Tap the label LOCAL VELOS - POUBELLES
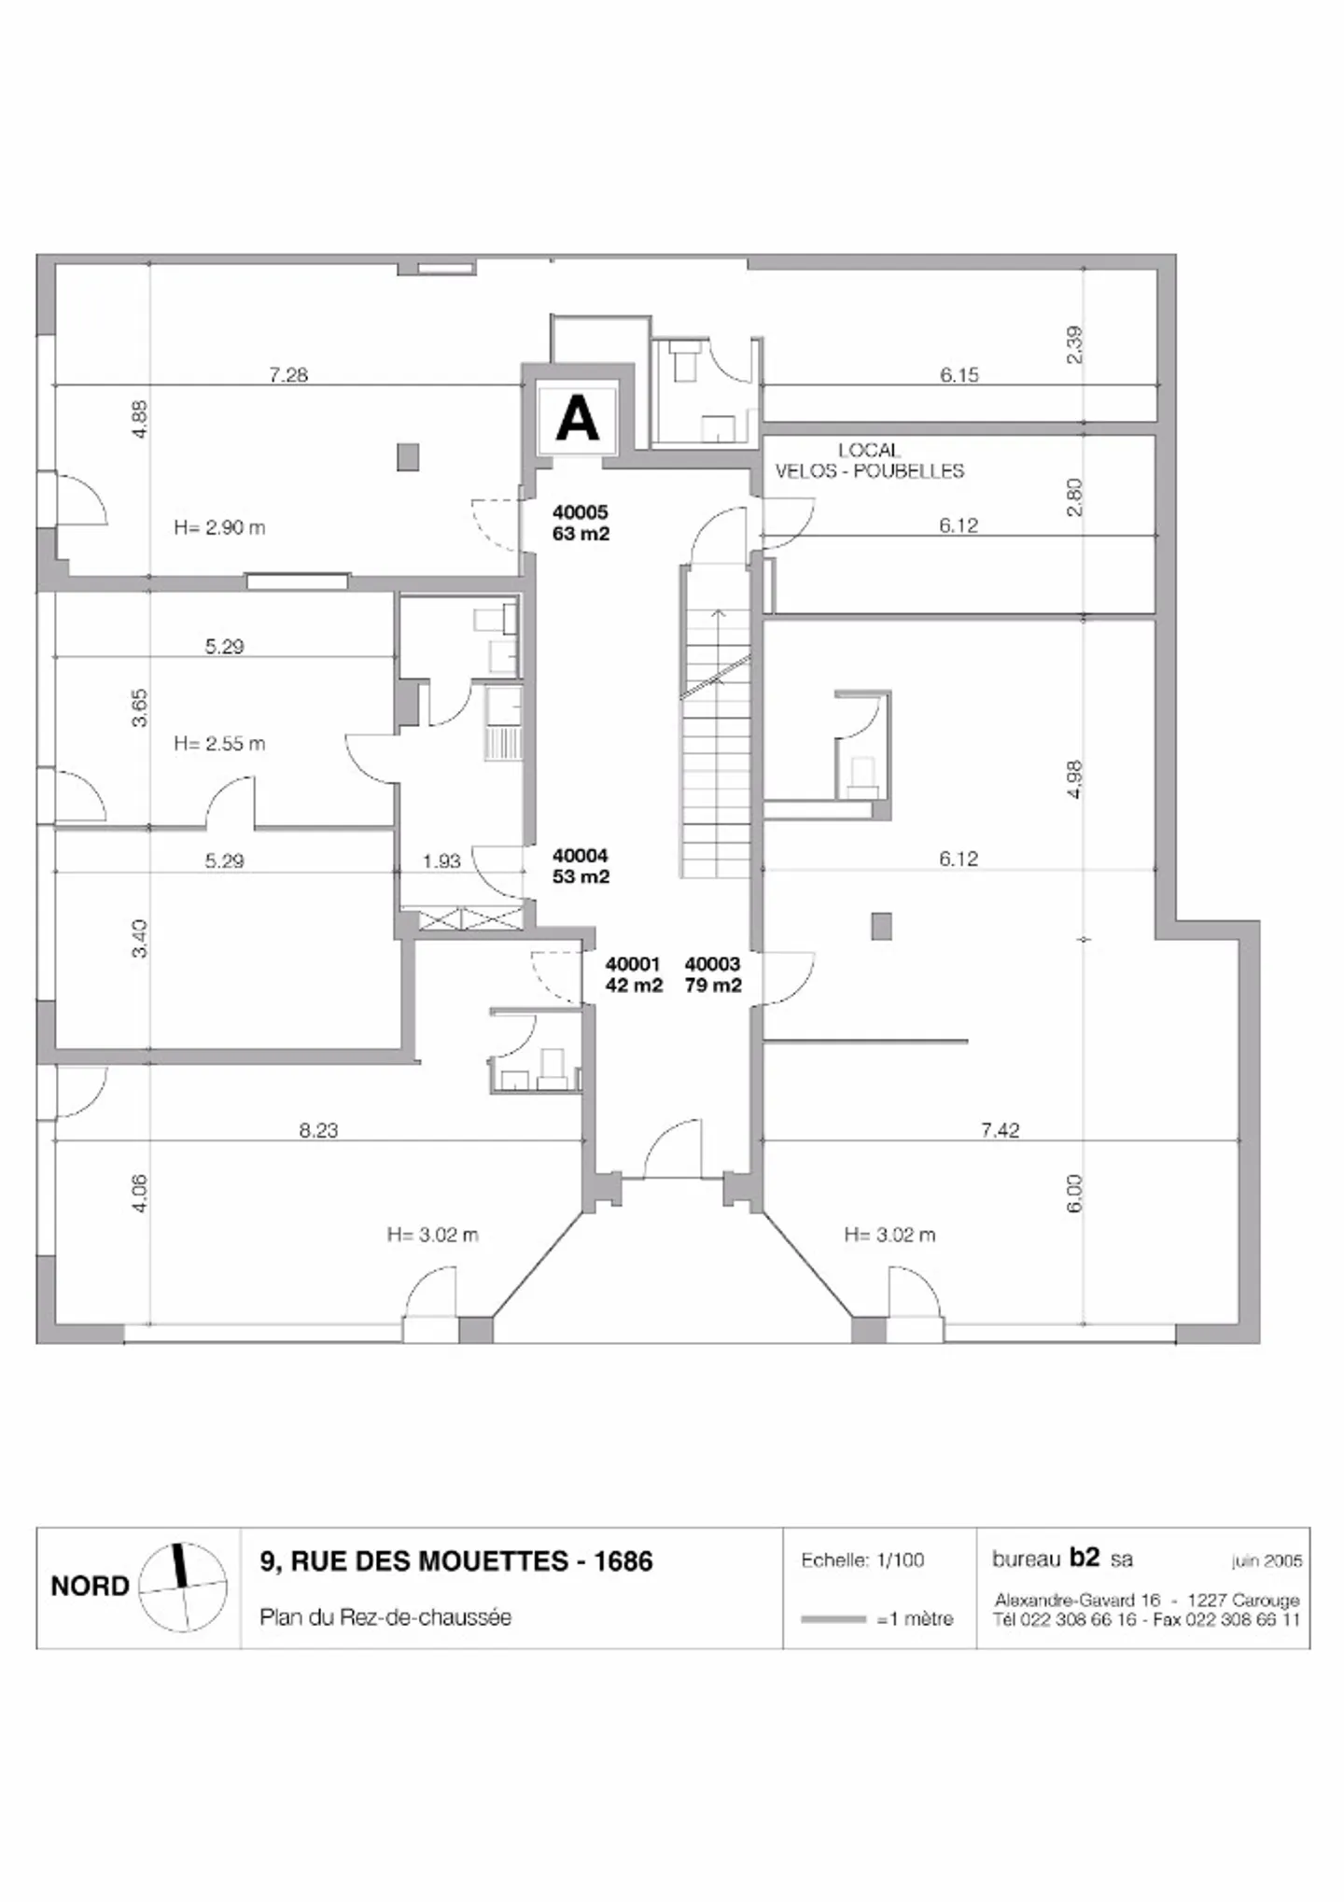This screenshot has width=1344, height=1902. pos(869,461)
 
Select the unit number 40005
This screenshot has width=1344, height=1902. pos(580,511)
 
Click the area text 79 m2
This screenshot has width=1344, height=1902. pos(713,986)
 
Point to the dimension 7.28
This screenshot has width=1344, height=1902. pos(288,375)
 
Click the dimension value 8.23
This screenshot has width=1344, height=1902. pos(318,1130)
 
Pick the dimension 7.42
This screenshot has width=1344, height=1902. pos(1000,1130)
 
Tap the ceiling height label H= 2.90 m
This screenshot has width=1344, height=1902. pos(219,527)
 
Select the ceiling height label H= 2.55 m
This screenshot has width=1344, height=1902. pos(219,744)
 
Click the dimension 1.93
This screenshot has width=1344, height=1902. pos(441,861)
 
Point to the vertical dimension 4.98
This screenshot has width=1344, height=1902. pos(1074,779)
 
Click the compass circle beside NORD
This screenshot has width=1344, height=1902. pos(183,1588)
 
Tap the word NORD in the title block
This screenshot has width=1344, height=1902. pos(90,1587)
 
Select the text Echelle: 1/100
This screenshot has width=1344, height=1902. pos(862,1559)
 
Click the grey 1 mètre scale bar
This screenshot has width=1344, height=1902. pos(833,1619)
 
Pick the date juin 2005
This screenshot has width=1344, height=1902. pos(1267,1560)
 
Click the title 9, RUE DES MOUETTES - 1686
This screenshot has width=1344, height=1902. pos(456,1560)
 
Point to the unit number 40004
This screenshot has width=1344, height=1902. pos(580,855)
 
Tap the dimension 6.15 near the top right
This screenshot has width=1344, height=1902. pos(959,375)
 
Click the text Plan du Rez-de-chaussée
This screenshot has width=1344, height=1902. pos(385,1617)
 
